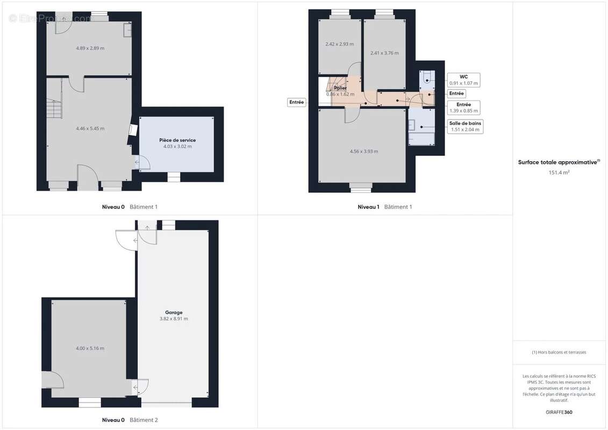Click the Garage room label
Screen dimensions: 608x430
(x=174, y=312)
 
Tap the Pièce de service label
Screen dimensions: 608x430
(x=177, y=140)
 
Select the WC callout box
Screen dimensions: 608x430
(x=464, y=80)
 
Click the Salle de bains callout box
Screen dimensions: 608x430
(x=465, y=126)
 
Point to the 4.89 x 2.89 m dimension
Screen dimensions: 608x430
(x=90, y=48)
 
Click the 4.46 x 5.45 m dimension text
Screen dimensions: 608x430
(x=90, y=128)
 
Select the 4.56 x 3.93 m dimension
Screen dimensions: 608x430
(x=364, y=152)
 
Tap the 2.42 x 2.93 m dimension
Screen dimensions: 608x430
(x=340, y=44)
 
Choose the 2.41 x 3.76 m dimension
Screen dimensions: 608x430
(x=384, y=53)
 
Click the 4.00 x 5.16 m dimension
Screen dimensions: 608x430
(x=90, y=348)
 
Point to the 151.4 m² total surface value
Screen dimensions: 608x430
(x=559, y=173)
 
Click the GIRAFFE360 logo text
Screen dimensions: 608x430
(x=559, y=412)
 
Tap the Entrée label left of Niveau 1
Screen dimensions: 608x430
(x=297, y=102)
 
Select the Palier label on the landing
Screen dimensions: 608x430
(x=340, y=88)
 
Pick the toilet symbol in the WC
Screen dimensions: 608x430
(x=427, y=77)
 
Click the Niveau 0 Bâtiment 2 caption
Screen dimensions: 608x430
(x=130, y=420)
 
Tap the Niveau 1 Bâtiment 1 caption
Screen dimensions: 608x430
(x=385, y=207)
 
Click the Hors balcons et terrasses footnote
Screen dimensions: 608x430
(x=559, y=353)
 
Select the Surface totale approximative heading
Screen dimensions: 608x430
(x=559, y=162)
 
